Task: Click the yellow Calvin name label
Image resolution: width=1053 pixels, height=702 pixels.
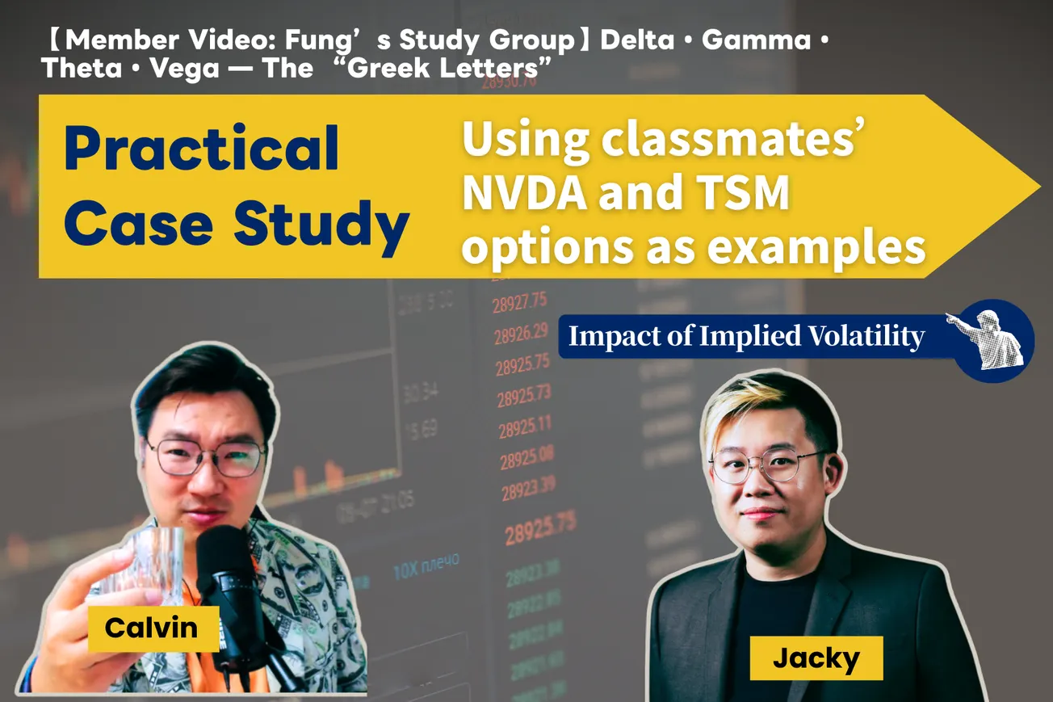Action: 152,628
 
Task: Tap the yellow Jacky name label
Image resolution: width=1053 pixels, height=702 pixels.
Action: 816,658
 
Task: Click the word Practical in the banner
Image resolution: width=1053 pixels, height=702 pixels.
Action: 201,149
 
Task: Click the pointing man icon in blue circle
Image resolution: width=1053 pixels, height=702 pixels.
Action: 990,338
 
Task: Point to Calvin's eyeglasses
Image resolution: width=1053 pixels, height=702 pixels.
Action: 206,456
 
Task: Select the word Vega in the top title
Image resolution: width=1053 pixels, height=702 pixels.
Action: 188,69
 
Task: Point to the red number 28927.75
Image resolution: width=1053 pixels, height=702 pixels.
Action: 520,302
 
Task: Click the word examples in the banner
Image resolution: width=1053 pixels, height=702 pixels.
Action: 817,248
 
